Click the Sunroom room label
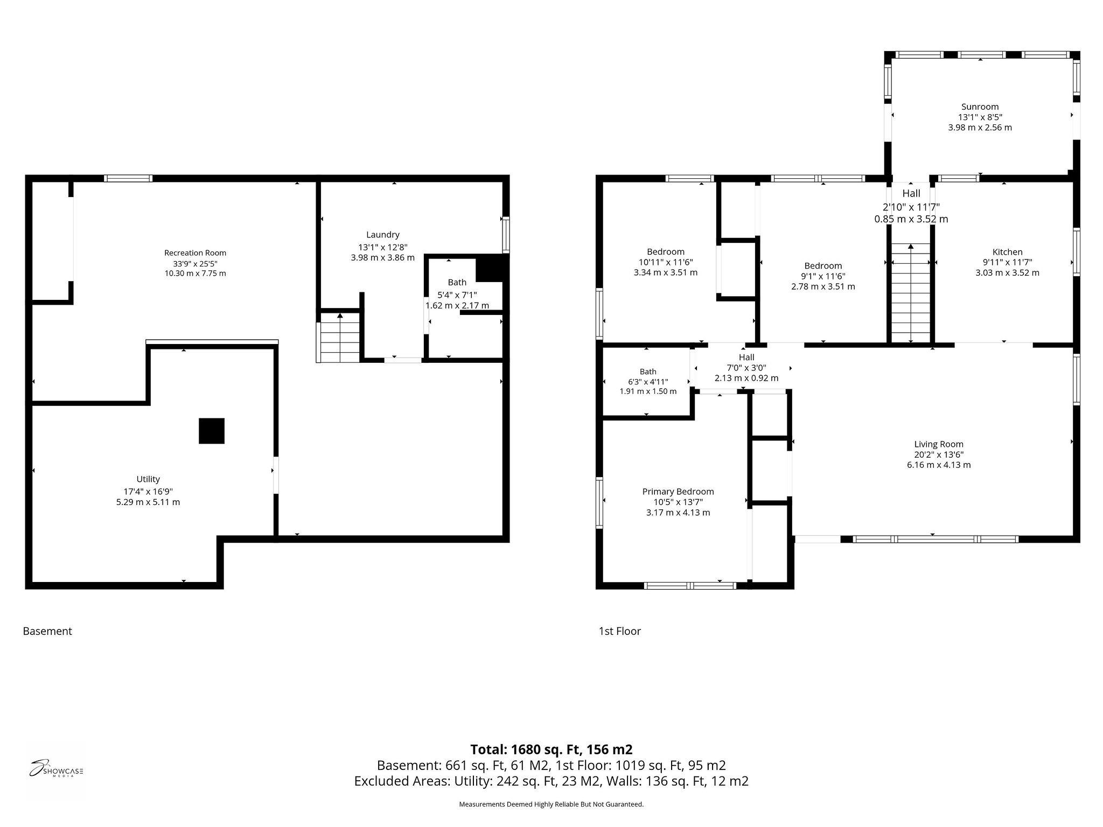(x=980, y=107)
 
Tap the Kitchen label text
(x=1007, y=252)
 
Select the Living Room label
(x=939, y=444)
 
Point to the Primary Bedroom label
(x=678, y=492)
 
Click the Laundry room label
(x=383, y=235)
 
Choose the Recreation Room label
(x=195, y=253)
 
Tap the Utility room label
(x=148, y=479)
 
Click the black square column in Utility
(x=212, y=431)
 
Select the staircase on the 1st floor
(x=911, y=293)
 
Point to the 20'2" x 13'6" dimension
(x=939, y=454)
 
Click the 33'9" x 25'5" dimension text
(x=195, y=263)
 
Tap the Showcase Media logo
(x=56, y=770)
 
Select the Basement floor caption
(x=47, y=631)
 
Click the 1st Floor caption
(x=620, y=631)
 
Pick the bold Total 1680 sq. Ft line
(x=551, y=749)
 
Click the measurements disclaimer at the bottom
(x=551, y=804)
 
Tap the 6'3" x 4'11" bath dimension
(x=648, y=382)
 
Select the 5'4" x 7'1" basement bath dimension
(x=457, y=295)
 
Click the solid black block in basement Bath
(x=491, y=268)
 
